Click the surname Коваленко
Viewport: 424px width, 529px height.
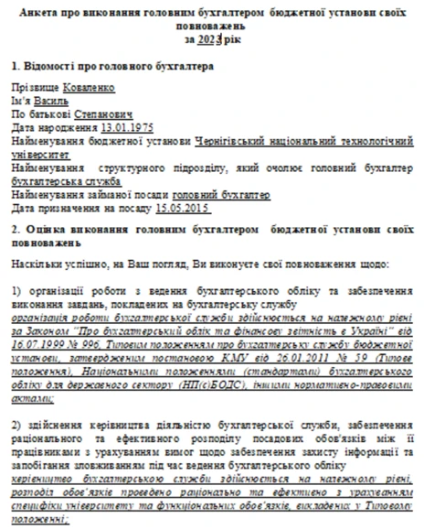(x=83, y=88)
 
